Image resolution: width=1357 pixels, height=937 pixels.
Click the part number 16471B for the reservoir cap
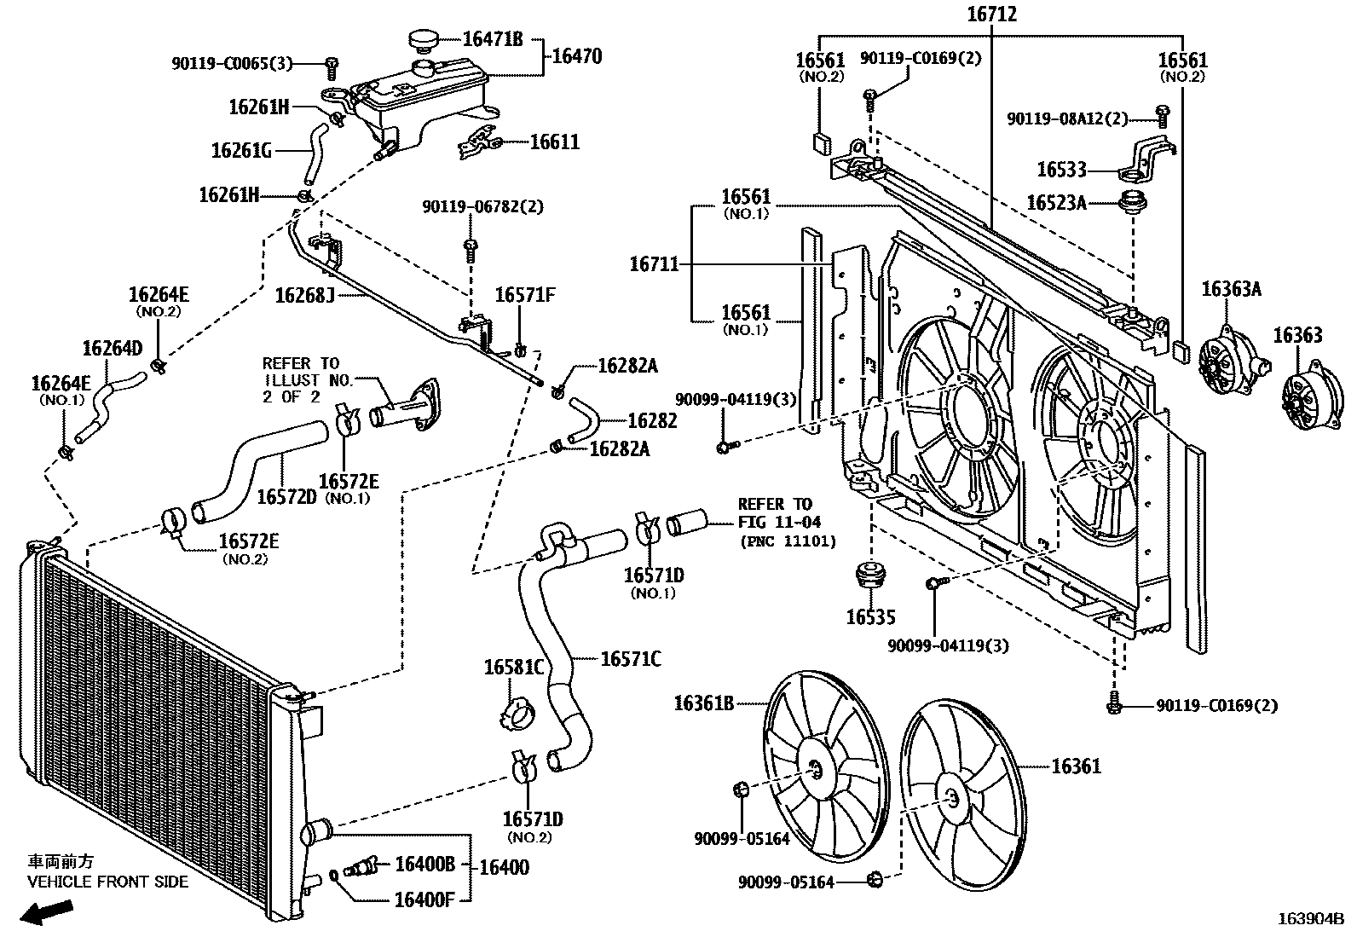coord(492,39)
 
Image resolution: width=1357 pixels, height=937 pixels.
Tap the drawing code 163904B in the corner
coord(1309,918)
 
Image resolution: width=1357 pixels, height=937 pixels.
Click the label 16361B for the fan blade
coord(703,703)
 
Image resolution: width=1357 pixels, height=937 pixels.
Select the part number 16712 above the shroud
coord(992,14)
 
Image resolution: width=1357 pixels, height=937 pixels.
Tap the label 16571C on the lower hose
coord(630,658)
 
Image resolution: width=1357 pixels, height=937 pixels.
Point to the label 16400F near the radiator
coord(424,898)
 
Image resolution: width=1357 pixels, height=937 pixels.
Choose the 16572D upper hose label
coord(286,496)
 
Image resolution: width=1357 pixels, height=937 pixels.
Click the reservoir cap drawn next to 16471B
coord(421,40)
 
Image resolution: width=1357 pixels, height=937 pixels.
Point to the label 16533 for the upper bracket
coord(1061,170)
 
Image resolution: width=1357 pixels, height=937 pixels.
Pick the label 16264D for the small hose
coord(112,349)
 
